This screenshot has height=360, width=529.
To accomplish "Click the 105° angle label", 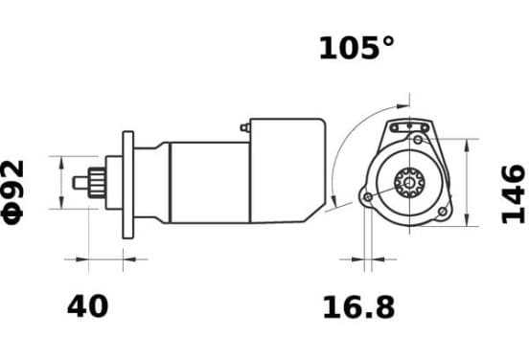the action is point(356,48).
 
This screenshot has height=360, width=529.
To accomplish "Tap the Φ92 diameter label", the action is point(13,192).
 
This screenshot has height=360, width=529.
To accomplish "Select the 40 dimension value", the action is point(88,306).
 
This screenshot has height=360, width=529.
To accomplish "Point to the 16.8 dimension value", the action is point(358,307).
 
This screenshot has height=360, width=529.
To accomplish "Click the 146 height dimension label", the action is point(513,194).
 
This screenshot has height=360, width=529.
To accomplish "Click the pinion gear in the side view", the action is point(97,182).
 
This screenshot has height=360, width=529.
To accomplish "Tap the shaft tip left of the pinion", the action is point(80,183).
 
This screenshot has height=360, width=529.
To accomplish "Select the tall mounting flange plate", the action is point(128,185).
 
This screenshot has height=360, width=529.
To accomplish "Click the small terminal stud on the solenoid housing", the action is point(245,127).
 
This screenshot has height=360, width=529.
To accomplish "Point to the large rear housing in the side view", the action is point(287,170).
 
